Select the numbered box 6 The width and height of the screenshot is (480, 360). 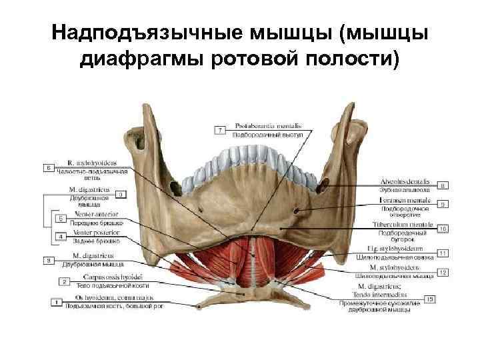tap(49, 168)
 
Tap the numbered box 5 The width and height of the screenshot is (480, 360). tap(61, 218)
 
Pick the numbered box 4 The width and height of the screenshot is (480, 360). tap(61, 237)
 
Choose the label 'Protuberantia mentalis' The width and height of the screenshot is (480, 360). tap(264, 126)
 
